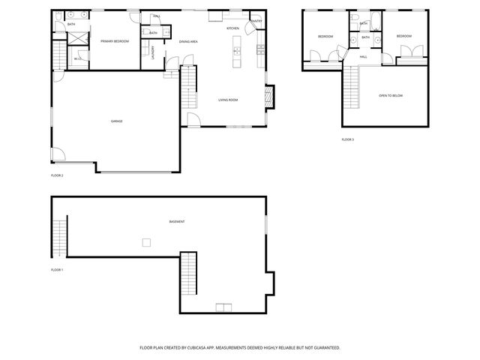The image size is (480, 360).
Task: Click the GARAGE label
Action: point(116,121)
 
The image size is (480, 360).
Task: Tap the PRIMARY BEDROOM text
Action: point(115,41)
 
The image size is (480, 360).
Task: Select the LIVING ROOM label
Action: point(228,100)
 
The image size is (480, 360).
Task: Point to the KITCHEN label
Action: point(232,28)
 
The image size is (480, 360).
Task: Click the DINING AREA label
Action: point(188,41)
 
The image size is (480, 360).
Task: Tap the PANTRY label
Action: point(256,21)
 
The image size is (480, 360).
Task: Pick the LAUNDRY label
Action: point(153,52)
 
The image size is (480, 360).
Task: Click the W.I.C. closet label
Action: point(78,58)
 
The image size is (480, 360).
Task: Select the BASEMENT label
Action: point(177,222)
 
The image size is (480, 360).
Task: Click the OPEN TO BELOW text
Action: point(391,96)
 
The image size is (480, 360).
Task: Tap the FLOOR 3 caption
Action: point(347,139)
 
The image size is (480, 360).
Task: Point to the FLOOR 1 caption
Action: point(57,269)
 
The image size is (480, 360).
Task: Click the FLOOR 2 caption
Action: point(57,175)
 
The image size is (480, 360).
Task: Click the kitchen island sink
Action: point(236,52)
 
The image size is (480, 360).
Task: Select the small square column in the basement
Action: point(147,241)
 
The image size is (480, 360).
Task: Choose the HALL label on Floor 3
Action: point(363,57)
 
